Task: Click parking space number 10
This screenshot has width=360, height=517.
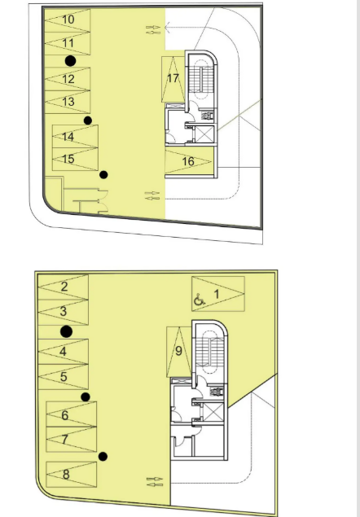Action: (x=68, y=20)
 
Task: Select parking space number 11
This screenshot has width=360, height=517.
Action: (x=68, y=43)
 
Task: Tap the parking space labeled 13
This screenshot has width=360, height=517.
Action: (x=68, y=102)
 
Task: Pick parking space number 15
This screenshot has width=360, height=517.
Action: (x=75, y=160)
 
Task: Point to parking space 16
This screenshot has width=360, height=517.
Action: (x=188, y=161)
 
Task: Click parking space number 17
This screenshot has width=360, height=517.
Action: (x=173, y=79)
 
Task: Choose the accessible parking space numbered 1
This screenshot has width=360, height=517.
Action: (x=218, y=294)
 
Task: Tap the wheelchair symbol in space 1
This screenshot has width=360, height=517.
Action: (x=199, y=300)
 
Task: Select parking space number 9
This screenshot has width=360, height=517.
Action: (x=179, y=352)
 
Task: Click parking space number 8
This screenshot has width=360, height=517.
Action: (x=72, y=475)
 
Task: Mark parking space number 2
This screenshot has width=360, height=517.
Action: (x=64, y=287)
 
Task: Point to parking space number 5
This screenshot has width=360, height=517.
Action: (x=64, y=377)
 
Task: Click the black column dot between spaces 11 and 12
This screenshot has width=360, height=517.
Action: (x=70, y=61)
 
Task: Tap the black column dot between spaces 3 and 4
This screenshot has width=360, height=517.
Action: (x=67, y=331)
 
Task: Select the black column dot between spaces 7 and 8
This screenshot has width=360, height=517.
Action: (x=103, y=457)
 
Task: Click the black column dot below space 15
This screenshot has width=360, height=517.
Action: (x=103, y=175)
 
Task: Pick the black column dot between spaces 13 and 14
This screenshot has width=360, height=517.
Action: (x=88, y=120)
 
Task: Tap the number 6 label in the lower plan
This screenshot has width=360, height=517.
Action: (x=65, y=415)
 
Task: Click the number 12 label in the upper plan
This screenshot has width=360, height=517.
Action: (x=68, y=79)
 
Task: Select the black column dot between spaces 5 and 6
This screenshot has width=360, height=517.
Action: (x=86, y=397)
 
